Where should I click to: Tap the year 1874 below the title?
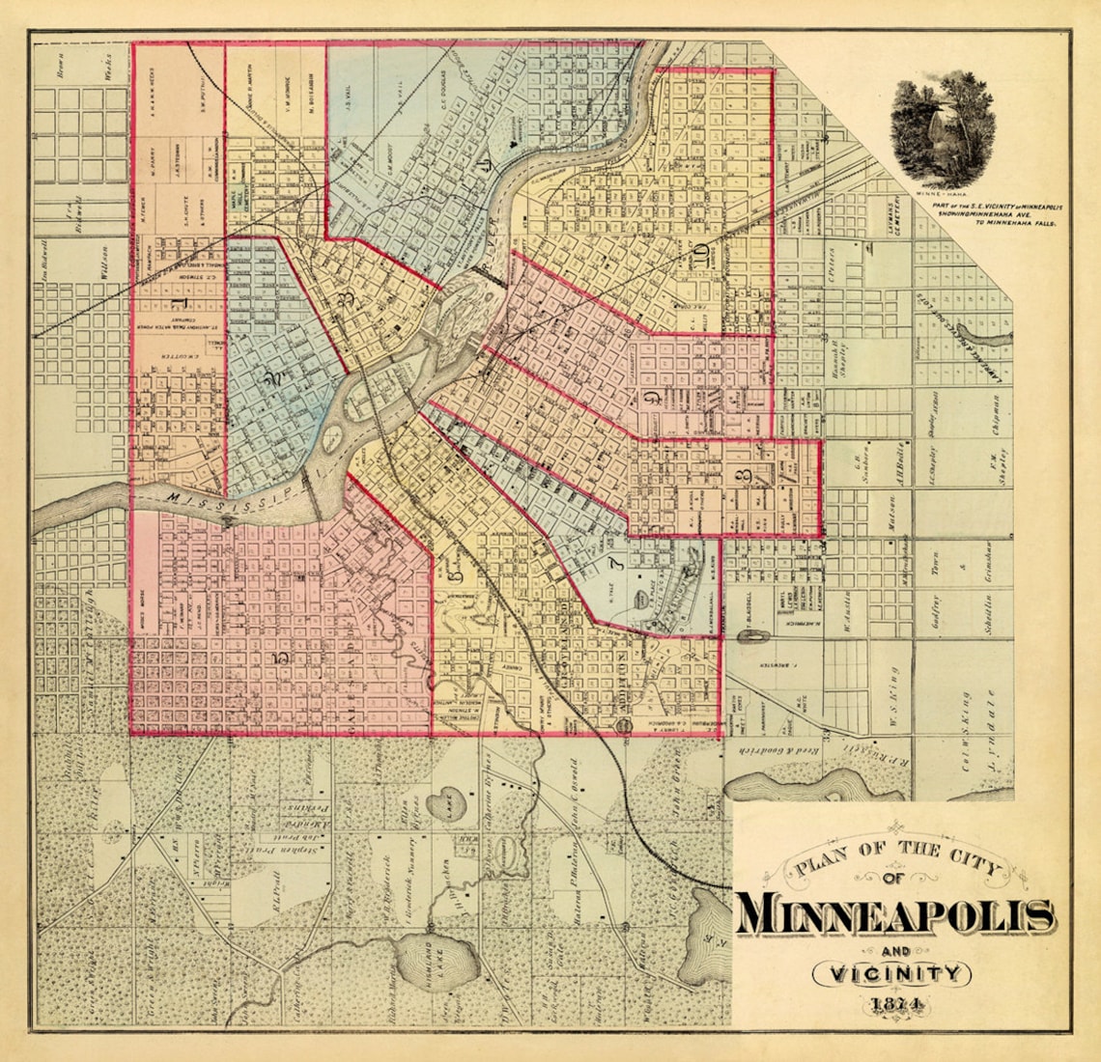(x=894, y=1004)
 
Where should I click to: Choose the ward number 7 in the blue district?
(x=612, y=563)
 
